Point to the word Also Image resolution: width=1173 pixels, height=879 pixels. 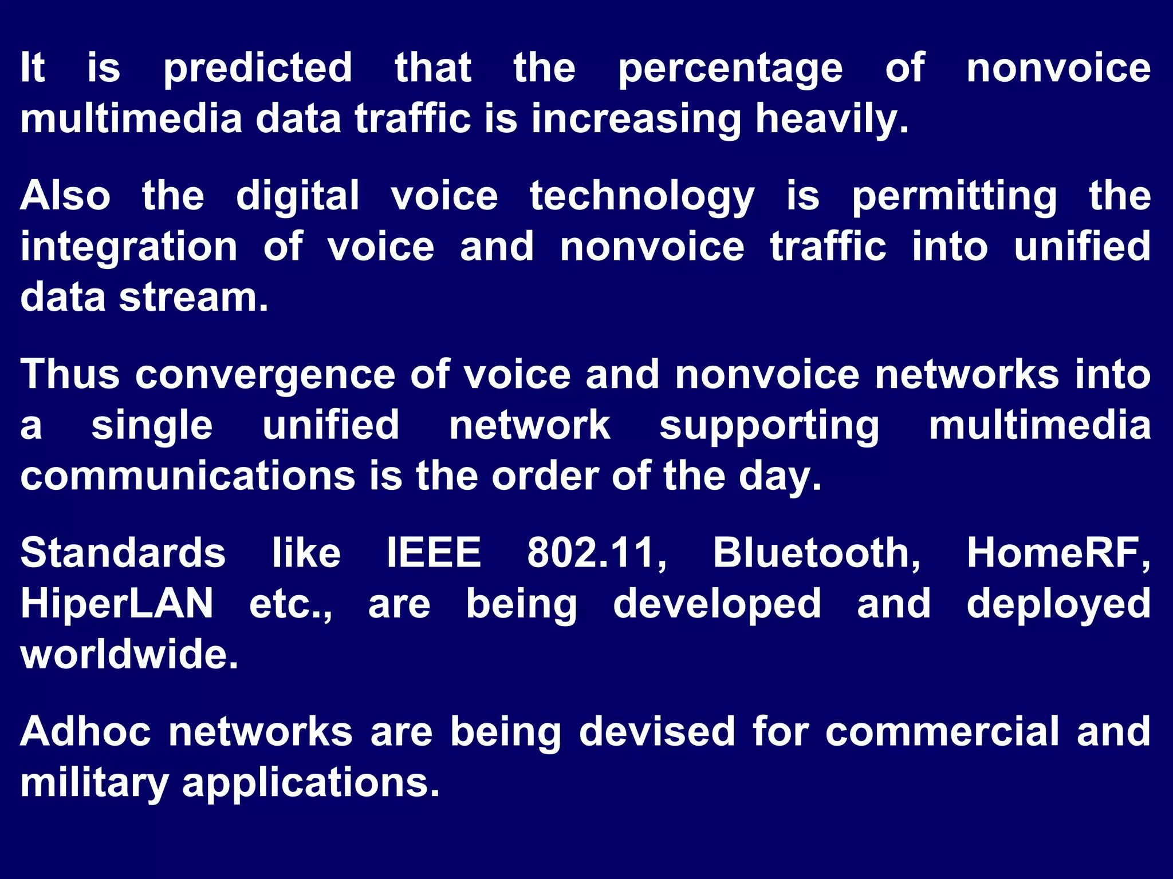click(65, 196)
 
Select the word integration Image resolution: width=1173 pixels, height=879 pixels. click(129, 248)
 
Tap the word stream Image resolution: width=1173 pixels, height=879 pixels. click(194, 298)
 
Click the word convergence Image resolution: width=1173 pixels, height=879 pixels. click(265, 375)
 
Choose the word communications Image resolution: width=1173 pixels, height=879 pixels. click(188, 476)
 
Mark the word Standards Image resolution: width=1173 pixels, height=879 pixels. click(123, 553)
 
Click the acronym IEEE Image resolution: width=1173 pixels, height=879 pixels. click(434, 553)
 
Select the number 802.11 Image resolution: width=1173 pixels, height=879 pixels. click(596, 553)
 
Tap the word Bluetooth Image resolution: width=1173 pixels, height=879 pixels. click(816, 553)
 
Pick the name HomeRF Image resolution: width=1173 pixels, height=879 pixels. click(1058, 553)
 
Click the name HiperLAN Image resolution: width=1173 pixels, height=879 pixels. click(117, 604)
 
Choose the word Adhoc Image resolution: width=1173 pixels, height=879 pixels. click(86, 731)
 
